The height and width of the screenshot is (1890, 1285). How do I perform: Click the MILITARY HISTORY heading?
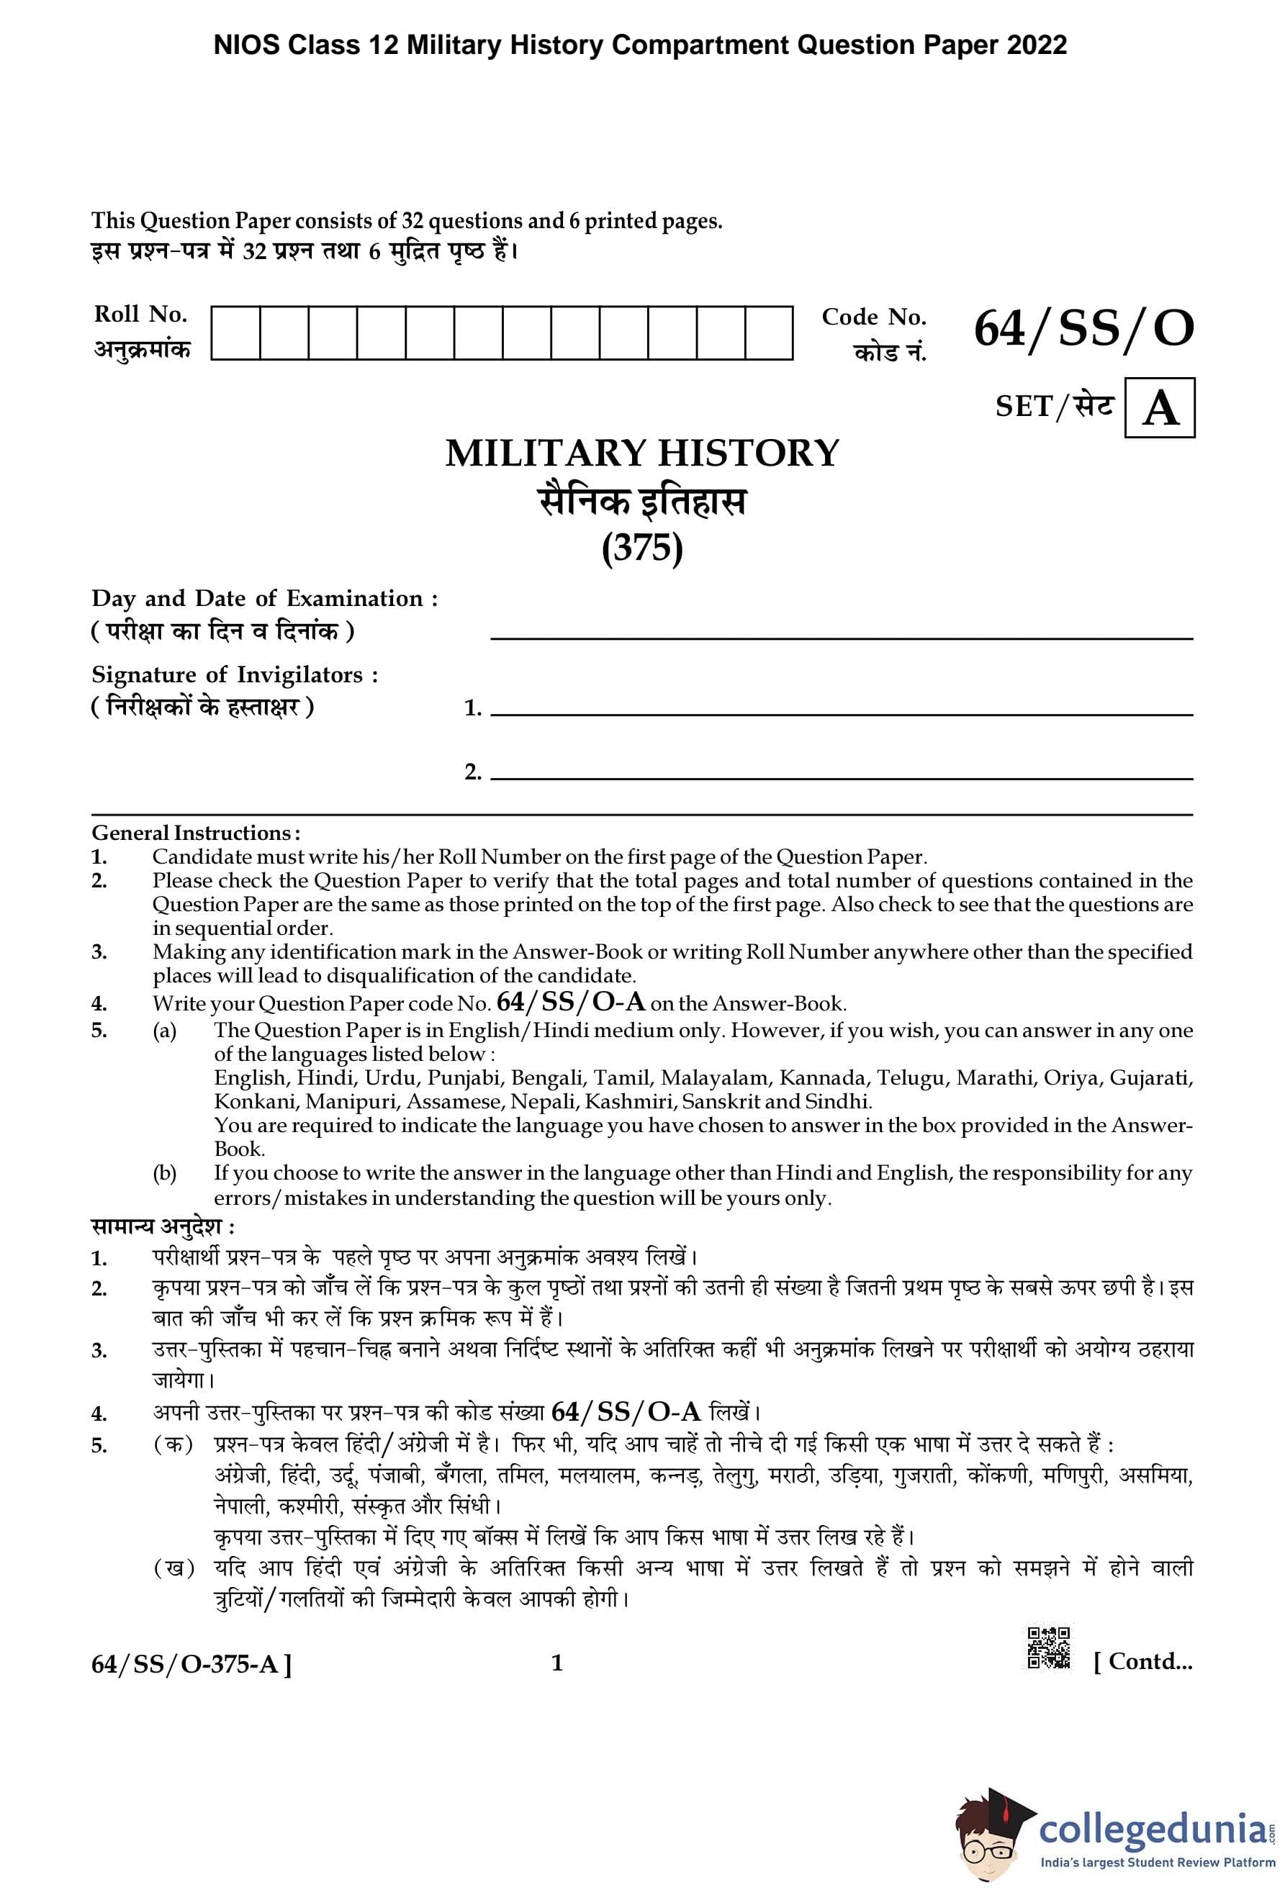641,453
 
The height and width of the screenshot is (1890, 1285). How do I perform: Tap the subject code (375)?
641,547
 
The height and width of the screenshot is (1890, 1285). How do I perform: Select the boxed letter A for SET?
1159,408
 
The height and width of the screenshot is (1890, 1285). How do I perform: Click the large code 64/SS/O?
1083,330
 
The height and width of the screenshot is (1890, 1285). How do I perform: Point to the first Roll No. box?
236,333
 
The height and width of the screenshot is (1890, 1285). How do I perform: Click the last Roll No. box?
769,333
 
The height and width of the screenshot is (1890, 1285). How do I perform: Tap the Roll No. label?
140,314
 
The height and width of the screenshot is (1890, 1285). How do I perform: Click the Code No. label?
873,317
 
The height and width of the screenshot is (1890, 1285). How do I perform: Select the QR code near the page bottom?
1048,1648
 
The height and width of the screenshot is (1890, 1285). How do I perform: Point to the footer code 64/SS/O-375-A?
191,1664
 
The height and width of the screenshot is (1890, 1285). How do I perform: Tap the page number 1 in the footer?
557,1663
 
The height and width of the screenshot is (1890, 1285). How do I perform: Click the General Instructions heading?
195,833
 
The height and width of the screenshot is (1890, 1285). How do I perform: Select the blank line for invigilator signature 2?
841,778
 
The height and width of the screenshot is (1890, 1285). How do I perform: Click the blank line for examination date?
841,638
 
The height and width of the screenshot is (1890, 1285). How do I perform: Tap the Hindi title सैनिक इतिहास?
641,502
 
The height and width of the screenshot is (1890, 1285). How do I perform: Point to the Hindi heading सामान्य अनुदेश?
163,1226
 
